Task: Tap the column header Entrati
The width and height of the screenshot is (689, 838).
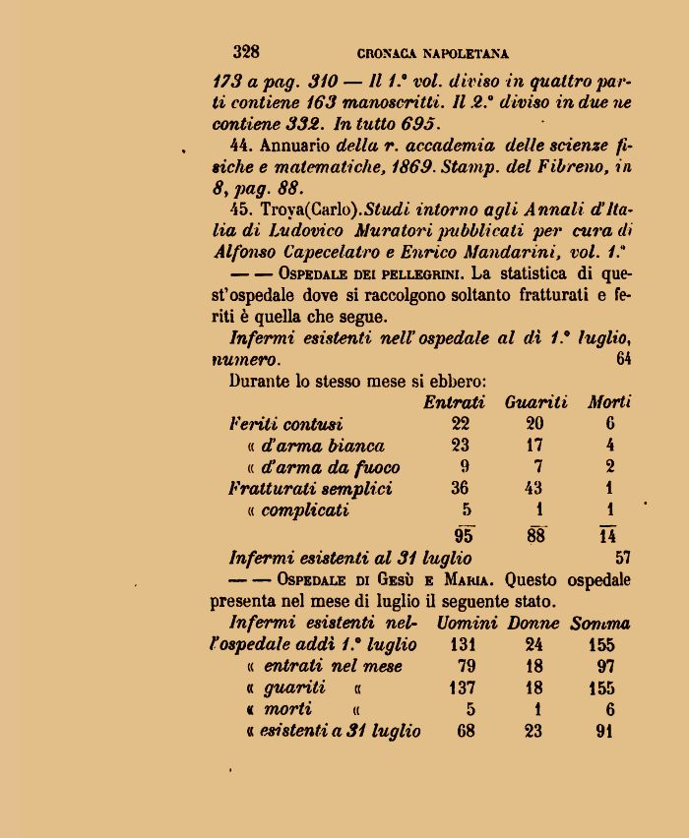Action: coord(454,402)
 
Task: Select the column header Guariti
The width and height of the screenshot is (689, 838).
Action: coord(536,402)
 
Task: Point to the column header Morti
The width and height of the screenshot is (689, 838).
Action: coord(609,402)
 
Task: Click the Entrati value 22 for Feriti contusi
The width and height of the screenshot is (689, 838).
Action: coord(460,424)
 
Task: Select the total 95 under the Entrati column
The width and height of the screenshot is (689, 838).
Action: coord(464,535)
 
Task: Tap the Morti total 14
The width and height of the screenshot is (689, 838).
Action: coord(608,535)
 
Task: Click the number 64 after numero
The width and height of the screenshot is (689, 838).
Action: coord(624,359)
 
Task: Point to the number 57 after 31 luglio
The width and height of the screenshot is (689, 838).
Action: coord(623,558)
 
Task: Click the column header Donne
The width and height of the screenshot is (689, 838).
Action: coord(533,624)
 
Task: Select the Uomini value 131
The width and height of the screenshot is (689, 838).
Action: coord(462,645)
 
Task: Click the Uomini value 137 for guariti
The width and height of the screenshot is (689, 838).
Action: coord(462,688)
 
